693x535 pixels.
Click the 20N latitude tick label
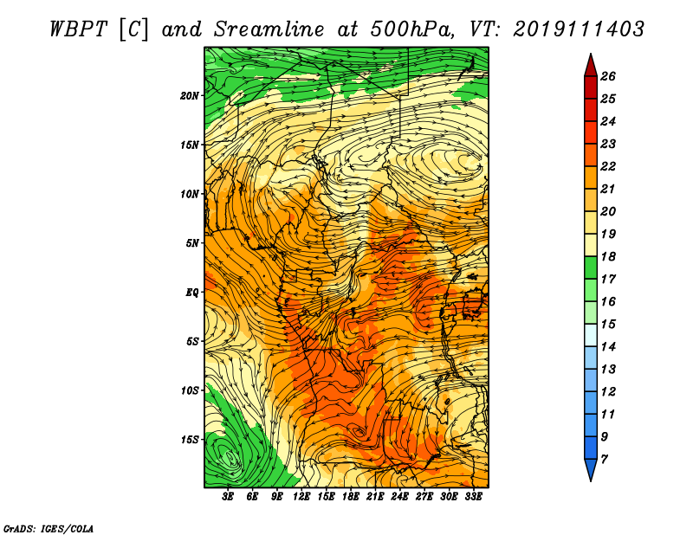tap(190, 96)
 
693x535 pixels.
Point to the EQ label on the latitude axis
tap(192, 293)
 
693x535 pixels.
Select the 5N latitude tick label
tap(192, 243)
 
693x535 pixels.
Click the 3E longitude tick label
tap(228, 497)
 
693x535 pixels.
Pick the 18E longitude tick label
tap(350, 497)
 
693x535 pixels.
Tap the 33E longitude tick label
tap(473, 497)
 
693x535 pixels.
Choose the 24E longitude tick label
tap(399, 497)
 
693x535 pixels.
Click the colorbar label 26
tap(608, 76)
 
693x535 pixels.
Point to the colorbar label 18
tap(608, 256)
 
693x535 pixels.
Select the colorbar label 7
tap(604, 460)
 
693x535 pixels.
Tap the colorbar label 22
tap(608, 166)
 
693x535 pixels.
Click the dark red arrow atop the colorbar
tap(591, 66)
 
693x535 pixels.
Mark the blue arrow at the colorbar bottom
tap(591, 469)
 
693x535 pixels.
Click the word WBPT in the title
tap(78, 29)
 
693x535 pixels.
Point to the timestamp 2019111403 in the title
tap(579, 29)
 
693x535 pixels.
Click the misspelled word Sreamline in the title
tap(269, 29)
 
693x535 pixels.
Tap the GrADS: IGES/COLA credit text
tap(49, 528)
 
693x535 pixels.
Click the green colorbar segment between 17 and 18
tap(591, 267)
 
